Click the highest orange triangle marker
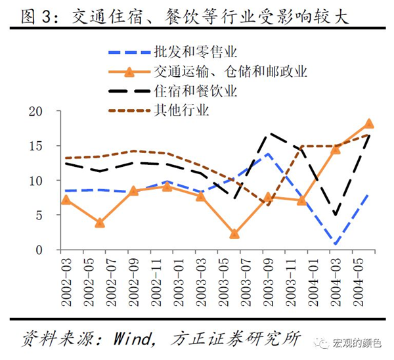click(x=369, y=124)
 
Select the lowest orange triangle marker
click(x=234, y=234)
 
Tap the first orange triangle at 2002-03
click(x=66, y=200)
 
